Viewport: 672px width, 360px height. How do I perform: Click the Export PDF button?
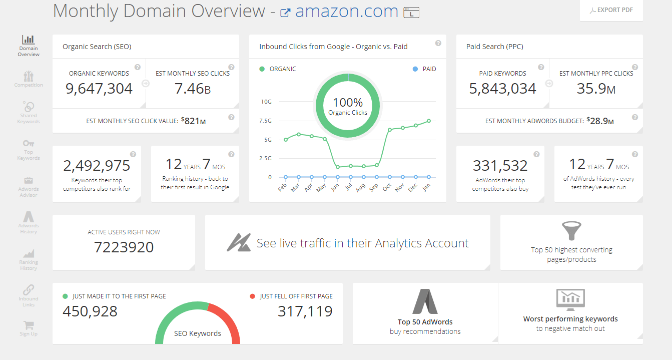click(611, 10)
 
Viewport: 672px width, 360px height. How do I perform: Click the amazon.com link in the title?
click(346, 11)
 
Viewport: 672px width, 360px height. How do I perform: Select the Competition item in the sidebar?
click(29, 79)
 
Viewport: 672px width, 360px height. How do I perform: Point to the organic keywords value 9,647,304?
click(99, 89)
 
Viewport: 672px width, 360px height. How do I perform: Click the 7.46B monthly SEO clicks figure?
click(193, 89)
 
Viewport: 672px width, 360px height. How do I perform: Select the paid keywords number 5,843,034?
click(502, 89)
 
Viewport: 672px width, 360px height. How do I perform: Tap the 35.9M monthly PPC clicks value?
click(596, 89)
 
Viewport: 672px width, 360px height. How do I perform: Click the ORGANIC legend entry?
click(278, 69)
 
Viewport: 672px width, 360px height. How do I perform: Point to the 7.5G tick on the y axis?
click(266, 121)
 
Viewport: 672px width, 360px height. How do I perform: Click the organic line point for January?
click(429, 121)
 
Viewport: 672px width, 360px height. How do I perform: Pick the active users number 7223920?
click(124, 247)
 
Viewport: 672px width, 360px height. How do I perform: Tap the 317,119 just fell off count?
click(305, 311)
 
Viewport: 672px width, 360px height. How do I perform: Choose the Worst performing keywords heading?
click(570, 319)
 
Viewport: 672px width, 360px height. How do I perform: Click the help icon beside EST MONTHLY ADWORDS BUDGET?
click(635, 117)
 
